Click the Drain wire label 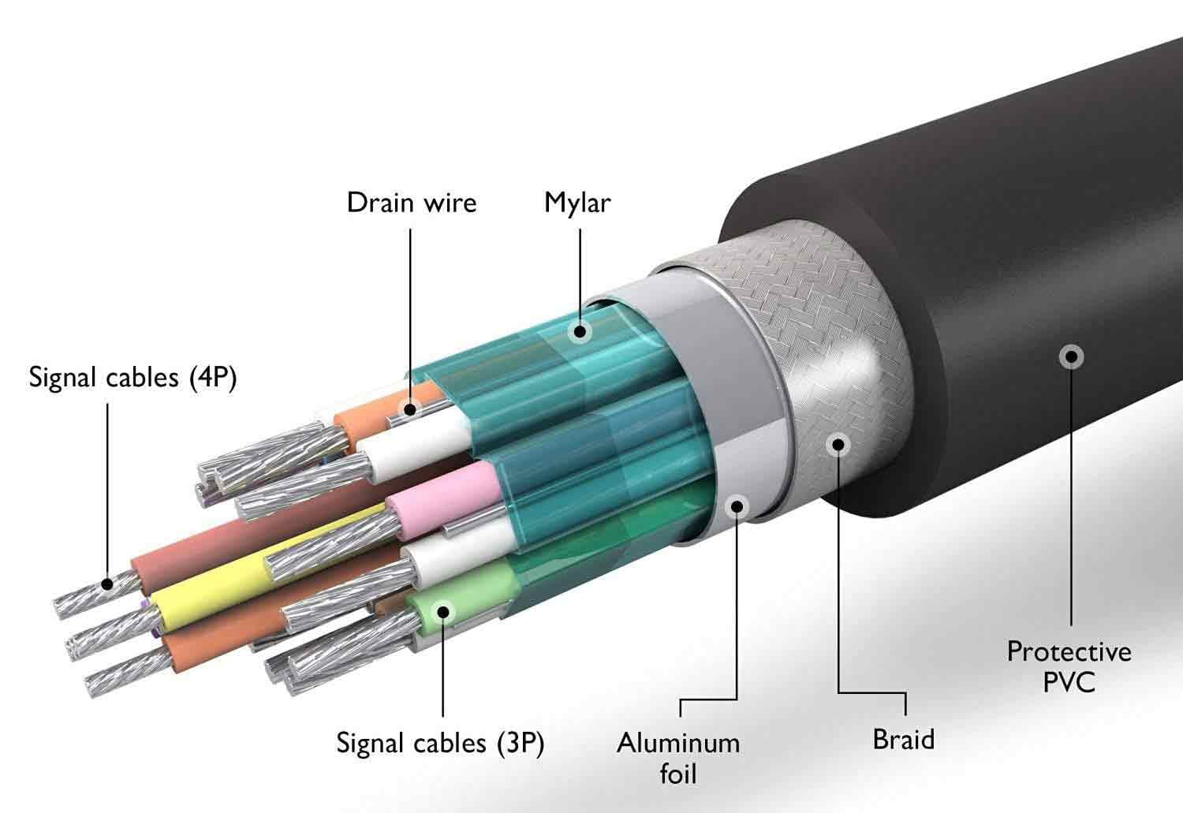pos(412,203)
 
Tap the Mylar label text pos(577,203)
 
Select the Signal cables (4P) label pos(132,378)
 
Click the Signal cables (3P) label pos(440,744)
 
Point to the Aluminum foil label pos(678,758)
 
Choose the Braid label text pos(904,739)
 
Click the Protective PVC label pos(1069,666)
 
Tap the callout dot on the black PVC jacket pos(1071,357)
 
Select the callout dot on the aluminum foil pos(737,507)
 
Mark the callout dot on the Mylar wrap pos(580,331)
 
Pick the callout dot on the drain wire pos(410,409)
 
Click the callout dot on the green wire pos(442,612)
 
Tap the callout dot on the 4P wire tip pos(108,584)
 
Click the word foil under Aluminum pos(678,773)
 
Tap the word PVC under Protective pos(1069,681)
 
